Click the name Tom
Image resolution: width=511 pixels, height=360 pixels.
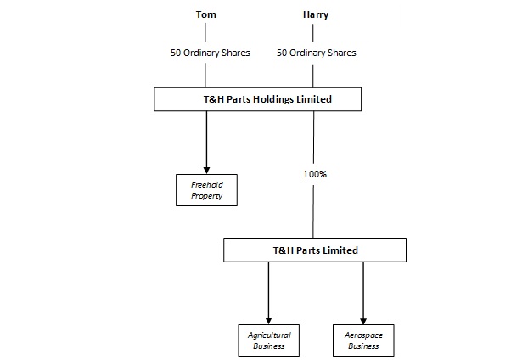205,14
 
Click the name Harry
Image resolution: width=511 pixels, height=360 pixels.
316,15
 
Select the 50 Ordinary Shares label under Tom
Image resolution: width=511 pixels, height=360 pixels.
211,53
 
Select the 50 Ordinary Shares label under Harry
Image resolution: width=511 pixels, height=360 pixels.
316,53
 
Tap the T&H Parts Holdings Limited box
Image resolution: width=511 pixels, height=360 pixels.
257,99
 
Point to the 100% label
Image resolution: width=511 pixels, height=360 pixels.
315,174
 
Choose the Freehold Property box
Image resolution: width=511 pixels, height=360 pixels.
206,190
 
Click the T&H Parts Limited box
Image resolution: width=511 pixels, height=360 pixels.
315,250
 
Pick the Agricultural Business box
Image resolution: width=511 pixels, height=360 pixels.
269,340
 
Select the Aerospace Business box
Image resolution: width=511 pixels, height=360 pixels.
363,340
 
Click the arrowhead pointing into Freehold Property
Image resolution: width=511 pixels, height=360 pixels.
206,171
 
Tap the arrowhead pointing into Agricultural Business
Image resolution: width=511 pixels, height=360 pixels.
268,321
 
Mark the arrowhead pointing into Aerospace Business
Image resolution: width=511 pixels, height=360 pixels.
363,321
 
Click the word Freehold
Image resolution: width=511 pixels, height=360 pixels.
207,185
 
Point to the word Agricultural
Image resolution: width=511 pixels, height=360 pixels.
269,335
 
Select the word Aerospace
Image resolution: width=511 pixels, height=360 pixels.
363,335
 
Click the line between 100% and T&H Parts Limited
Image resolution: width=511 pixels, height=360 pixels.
313,211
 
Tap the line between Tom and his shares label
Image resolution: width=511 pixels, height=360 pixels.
205,32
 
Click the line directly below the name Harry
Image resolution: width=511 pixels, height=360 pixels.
313,33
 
